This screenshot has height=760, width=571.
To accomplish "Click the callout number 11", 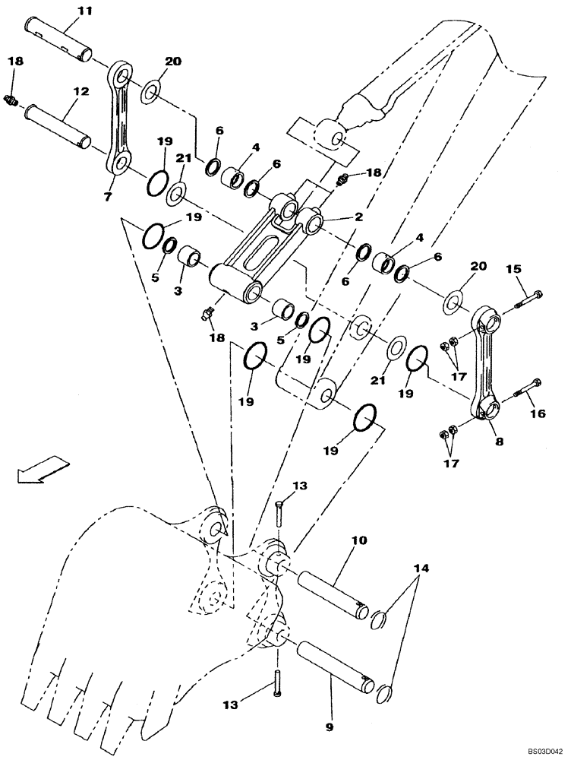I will pos(84,11).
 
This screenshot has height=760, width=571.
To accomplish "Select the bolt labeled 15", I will pos(524,300).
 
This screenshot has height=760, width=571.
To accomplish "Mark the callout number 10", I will pos(359,540).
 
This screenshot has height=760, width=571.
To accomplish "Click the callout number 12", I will pos(81,91).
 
